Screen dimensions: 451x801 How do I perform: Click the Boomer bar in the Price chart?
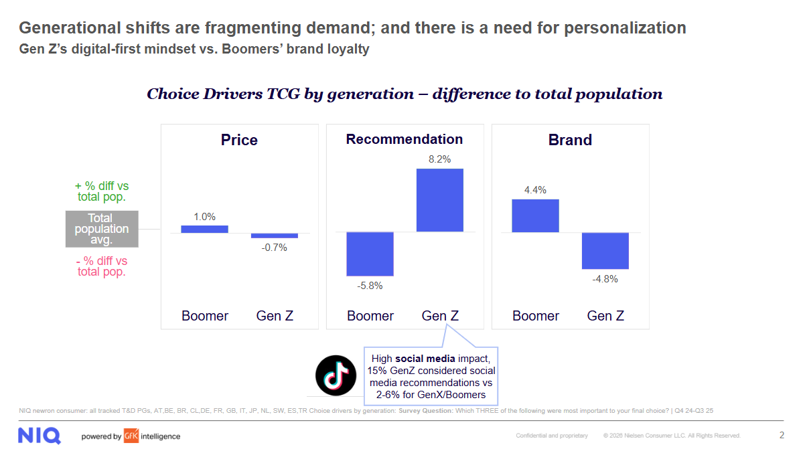tap(204, 229)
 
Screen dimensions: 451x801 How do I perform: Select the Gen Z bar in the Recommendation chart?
tap(440, 200)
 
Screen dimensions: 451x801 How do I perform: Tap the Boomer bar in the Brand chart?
tap(535, 215)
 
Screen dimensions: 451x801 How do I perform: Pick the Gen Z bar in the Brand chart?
tap(605, 250)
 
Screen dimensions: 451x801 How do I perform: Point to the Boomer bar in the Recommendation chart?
tap(370, 254)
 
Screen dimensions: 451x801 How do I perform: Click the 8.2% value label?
tap(440, 159)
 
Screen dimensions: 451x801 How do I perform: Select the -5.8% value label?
tap(370, 286)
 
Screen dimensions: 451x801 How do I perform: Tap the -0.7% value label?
tap(275, 248)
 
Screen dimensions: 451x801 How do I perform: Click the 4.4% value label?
tap(535, 190)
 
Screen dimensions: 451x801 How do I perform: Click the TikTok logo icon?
tap(336, 376)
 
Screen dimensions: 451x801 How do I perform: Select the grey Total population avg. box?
tap(102, 229)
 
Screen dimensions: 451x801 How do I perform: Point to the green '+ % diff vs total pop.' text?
tap(102, 191)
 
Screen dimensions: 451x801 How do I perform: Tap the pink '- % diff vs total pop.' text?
tap(102, 266)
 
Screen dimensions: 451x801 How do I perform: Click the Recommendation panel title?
tap(404, 139)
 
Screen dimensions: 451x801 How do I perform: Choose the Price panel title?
tap(239, 140)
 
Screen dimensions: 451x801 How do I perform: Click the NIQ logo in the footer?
tap(40, 436)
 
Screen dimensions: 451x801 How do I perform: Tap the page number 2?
tap(782, 435)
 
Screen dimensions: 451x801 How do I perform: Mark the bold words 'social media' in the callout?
tap(422, 359)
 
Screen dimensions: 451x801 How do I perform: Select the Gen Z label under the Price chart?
tap(275, 316)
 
